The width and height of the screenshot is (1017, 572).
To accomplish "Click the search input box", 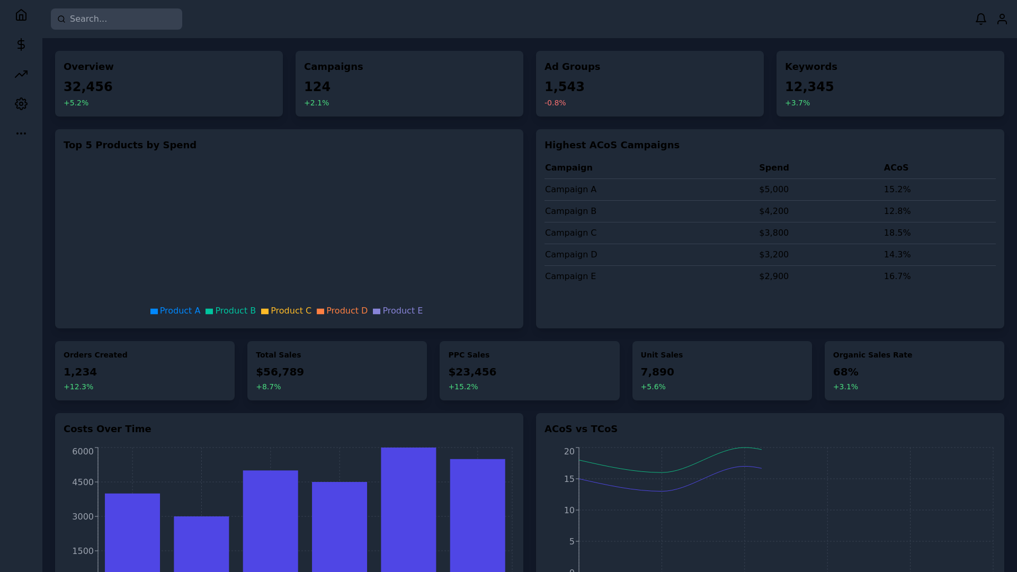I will [117, 19].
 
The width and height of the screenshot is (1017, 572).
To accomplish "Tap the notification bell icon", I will [980, 19].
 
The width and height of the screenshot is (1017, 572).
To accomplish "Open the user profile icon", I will [1002, 19].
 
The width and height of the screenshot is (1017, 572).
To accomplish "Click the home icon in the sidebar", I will [21, 15].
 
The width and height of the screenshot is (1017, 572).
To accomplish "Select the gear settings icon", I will [21, 104].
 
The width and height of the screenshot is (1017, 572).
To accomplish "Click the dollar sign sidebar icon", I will [21, 44].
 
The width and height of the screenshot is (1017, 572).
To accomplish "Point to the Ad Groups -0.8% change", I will [555, 103].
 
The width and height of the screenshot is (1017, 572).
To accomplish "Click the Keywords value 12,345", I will [809, 86].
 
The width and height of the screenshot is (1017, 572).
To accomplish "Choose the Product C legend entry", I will [286, 311].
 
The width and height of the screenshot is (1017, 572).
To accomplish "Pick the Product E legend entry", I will [397, 311].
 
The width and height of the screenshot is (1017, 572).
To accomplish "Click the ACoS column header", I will [896, 167].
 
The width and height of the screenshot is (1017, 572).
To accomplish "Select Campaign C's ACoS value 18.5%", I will [897, 233].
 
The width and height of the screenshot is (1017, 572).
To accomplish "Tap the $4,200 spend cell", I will [773, 211].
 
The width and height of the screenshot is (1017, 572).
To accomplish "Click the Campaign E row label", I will [570, 276].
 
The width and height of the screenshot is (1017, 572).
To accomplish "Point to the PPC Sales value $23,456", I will [472, 372].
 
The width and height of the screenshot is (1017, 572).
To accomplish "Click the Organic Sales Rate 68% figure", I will [845, 372].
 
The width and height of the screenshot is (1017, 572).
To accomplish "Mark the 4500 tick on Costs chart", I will [83, 482].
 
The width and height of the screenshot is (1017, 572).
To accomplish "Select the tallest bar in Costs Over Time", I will [408, 508].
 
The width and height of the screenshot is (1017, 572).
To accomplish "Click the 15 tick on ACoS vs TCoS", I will [569, 479].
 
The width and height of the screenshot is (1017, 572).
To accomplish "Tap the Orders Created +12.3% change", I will [78, 387].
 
